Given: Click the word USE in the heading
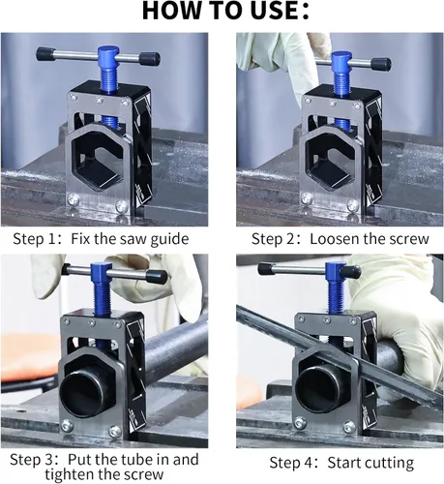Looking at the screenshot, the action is pos(272,12).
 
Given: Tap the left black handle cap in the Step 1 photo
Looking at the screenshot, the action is pos(45,54).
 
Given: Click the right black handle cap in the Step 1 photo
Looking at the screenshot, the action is pos(150,59).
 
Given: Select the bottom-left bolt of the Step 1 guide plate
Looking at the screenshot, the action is pos(74,199).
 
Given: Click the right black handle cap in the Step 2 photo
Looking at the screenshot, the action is pos(381,65).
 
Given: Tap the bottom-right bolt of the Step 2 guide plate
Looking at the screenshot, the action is pos(353,204).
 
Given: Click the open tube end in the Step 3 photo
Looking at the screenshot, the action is pos(82,394).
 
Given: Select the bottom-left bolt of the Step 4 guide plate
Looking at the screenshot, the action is pos(300,422).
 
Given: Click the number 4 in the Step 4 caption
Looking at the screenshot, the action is pos(306,463).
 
